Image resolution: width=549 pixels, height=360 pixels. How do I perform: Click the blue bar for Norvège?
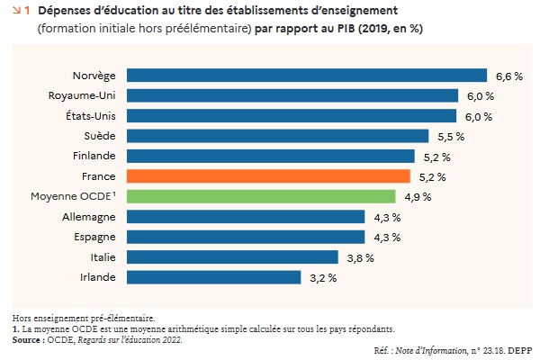[x=306, y=76]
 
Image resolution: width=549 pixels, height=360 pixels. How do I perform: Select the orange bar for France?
[x=268, y=176]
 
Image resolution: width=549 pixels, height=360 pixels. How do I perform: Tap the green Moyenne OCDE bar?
[x=261, y=196]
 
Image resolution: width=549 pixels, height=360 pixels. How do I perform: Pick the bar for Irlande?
[x=214, y=277]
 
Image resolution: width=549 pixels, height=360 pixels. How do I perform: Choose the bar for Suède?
[x=277, y=136]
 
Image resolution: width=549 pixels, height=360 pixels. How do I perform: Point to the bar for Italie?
[x=232, y=257]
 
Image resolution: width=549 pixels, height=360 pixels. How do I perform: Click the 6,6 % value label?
[x=509, y=76]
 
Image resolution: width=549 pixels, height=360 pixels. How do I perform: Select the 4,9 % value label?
[x=418, y=196]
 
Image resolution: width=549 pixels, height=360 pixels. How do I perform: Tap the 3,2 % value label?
[x=323, y=277]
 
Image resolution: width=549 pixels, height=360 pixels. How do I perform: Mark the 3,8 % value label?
[x=360, y=257]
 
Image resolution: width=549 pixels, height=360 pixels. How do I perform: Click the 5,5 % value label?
[x=451, y=136]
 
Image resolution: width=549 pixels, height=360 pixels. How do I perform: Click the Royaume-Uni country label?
[x=82, y=95]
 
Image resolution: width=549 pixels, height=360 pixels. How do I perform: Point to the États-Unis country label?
[x=90, y=116]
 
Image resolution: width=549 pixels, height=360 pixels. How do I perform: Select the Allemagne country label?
[x=88, y=217]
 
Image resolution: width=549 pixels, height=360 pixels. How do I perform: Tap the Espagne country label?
[x=94, y=237]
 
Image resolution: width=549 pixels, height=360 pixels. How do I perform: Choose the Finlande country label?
[x=93, y=156]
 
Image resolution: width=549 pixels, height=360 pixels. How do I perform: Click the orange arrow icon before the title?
[x=19, y=10]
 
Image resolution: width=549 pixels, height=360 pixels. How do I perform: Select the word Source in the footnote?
[x=28, y=339]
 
